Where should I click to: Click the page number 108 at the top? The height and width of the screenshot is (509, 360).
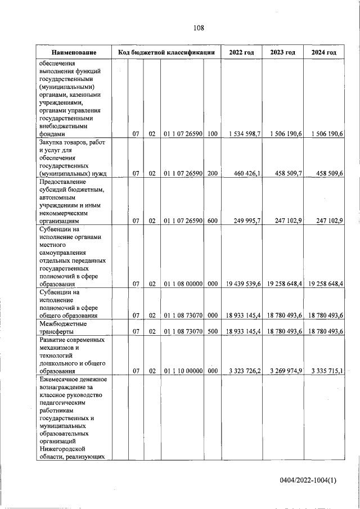coord(197,28)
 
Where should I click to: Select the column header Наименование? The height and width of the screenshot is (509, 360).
coord(74,52)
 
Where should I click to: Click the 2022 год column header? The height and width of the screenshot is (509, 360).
coord(241,52)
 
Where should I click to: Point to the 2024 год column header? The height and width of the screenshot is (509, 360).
coord(323,52)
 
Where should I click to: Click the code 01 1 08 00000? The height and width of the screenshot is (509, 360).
coord(183,284)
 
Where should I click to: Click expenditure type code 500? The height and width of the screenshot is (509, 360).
coord(212,332)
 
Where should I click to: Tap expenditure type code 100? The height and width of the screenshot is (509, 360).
coord(212,134)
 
